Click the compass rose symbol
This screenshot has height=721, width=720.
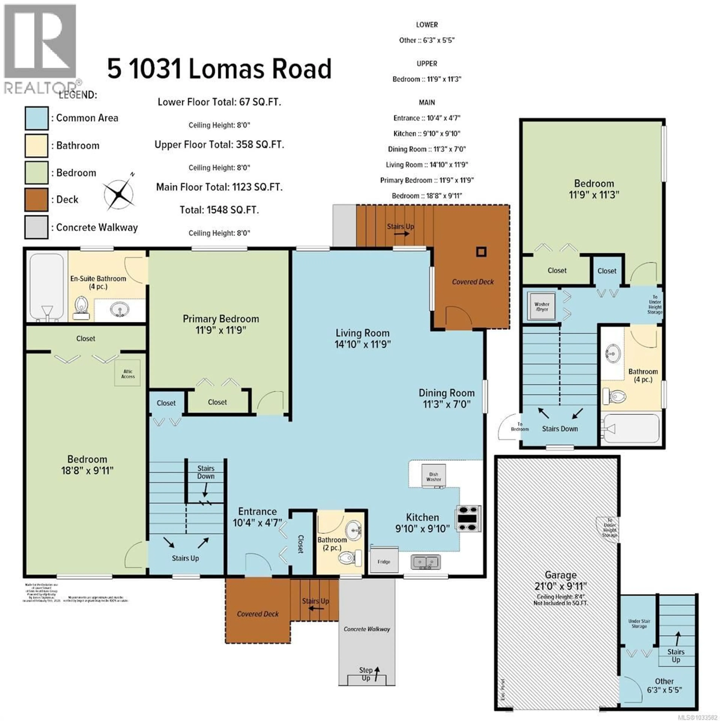pyautogui.click(x=119, y=194)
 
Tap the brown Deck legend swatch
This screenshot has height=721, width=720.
pyautogui.click(x=36, y=200)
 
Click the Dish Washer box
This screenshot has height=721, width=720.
pyautogui.click(x=433, y=476)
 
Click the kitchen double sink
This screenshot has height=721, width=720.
pyautogui.click(x=426, y=562)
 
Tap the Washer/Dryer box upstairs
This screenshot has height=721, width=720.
pyautogui.click(x=542, y=306)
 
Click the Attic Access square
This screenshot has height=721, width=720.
pyautogui.click(x=127, y=373)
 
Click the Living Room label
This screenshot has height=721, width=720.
pyautogui.click(x=362, y=333)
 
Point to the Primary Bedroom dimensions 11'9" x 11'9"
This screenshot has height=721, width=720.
pyautogui.click(x=220, y=330)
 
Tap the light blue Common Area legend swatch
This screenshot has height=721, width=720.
pyautogui.click(x=36, y=118)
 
